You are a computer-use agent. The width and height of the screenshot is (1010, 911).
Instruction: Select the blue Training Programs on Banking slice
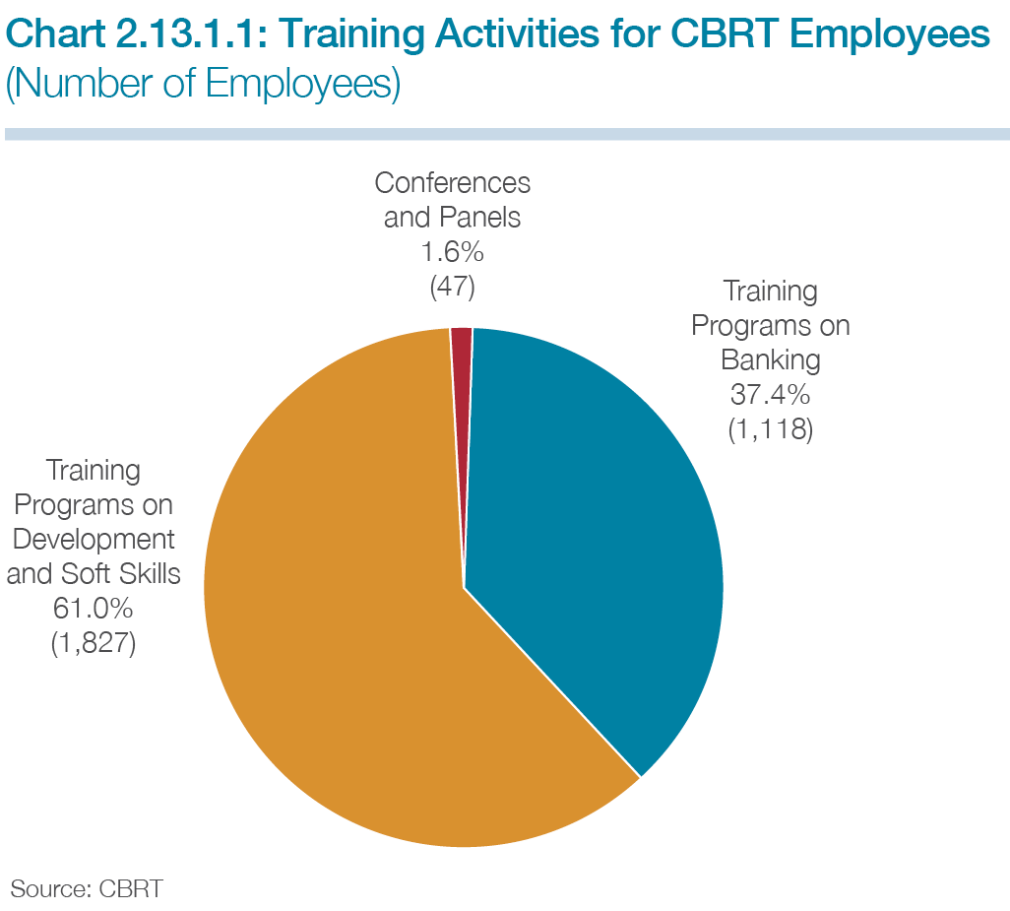click(x=593, y=515)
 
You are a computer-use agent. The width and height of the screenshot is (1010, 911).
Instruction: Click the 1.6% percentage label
click(x=452, y=252)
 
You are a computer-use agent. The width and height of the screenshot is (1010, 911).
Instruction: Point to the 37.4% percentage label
click(x=771, y=394)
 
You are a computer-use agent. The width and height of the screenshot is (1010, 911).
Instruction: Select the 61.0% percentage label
click(x=94, y=609)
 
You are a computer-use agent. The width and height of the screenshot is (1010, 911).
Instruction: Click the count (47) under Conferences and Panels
click(x=452, y=287)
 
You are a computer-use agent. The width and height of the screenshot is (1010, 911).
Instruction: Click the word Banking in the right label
click(x=771, y=360)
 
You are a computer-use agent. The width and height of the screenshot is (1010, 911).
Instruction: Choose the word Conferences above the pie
click(x=452, y=183)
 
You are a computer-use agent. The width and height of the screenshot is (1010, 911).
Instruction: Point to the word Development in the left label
click(x=94, y=540)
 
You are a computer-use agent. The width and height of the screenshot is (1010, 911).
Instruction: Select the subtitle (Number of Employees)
click(x=203, y=85)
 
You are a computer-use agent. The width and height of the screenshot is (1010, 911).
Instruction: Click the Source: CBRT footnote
click(x=87, y=889)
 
